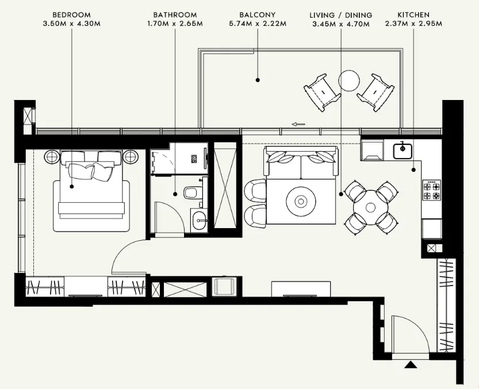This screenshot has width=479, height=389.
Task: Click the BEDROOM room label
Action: pyautogui.click(x=71, y=14)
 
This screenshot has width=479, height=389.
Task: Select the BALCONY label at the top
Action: pyautogui.click(x=256, y=14)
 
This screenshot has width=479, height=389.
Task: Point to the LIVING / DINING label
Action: pyautogui.click(x=340, y=14)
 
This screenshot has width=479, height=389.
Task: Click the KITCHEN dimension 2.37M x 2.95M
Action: pyautogui.click(x=414, y=24)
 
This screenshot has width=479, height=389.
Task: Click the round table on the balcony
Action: pyautogui.click(x=349, y=80)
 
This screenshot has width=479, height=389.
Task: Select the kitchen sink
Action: pyautogui.click(x=403, y=151)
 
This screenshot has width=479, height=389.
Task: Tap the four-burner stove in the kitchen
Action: pyautogui.click(x=431, y=190)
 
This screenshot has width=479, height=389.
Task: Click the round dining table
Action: pyautogui.click(x=371, y=203)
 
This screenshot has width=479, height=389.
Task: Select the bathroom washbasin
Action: pyautogui.click(x=200, y=218)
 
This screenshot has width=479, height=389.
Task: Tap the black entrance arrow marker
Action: pyautogui.click(x=410, y=364)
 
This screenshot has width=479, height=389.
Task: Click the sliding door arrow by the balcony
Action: pyautogui.click(x=298, y=124)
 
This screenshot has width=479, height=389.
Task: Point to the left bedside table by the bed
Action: pyautogui.click(x=52, y=156)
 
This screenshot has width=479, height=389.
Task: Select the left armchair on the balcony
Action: pyautogui.click(x=323, y=91)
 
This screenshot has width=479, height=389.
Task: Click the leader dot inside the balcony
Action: pyautogui.click(x=258, y=80)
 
